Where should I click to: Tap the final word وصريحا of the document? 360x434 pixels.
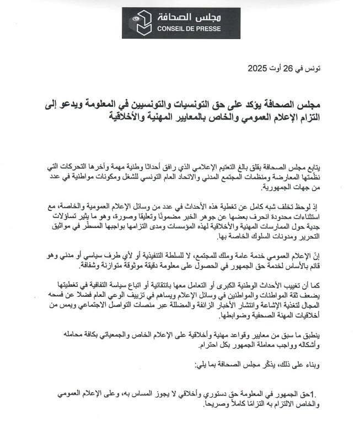click(193, 403)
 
